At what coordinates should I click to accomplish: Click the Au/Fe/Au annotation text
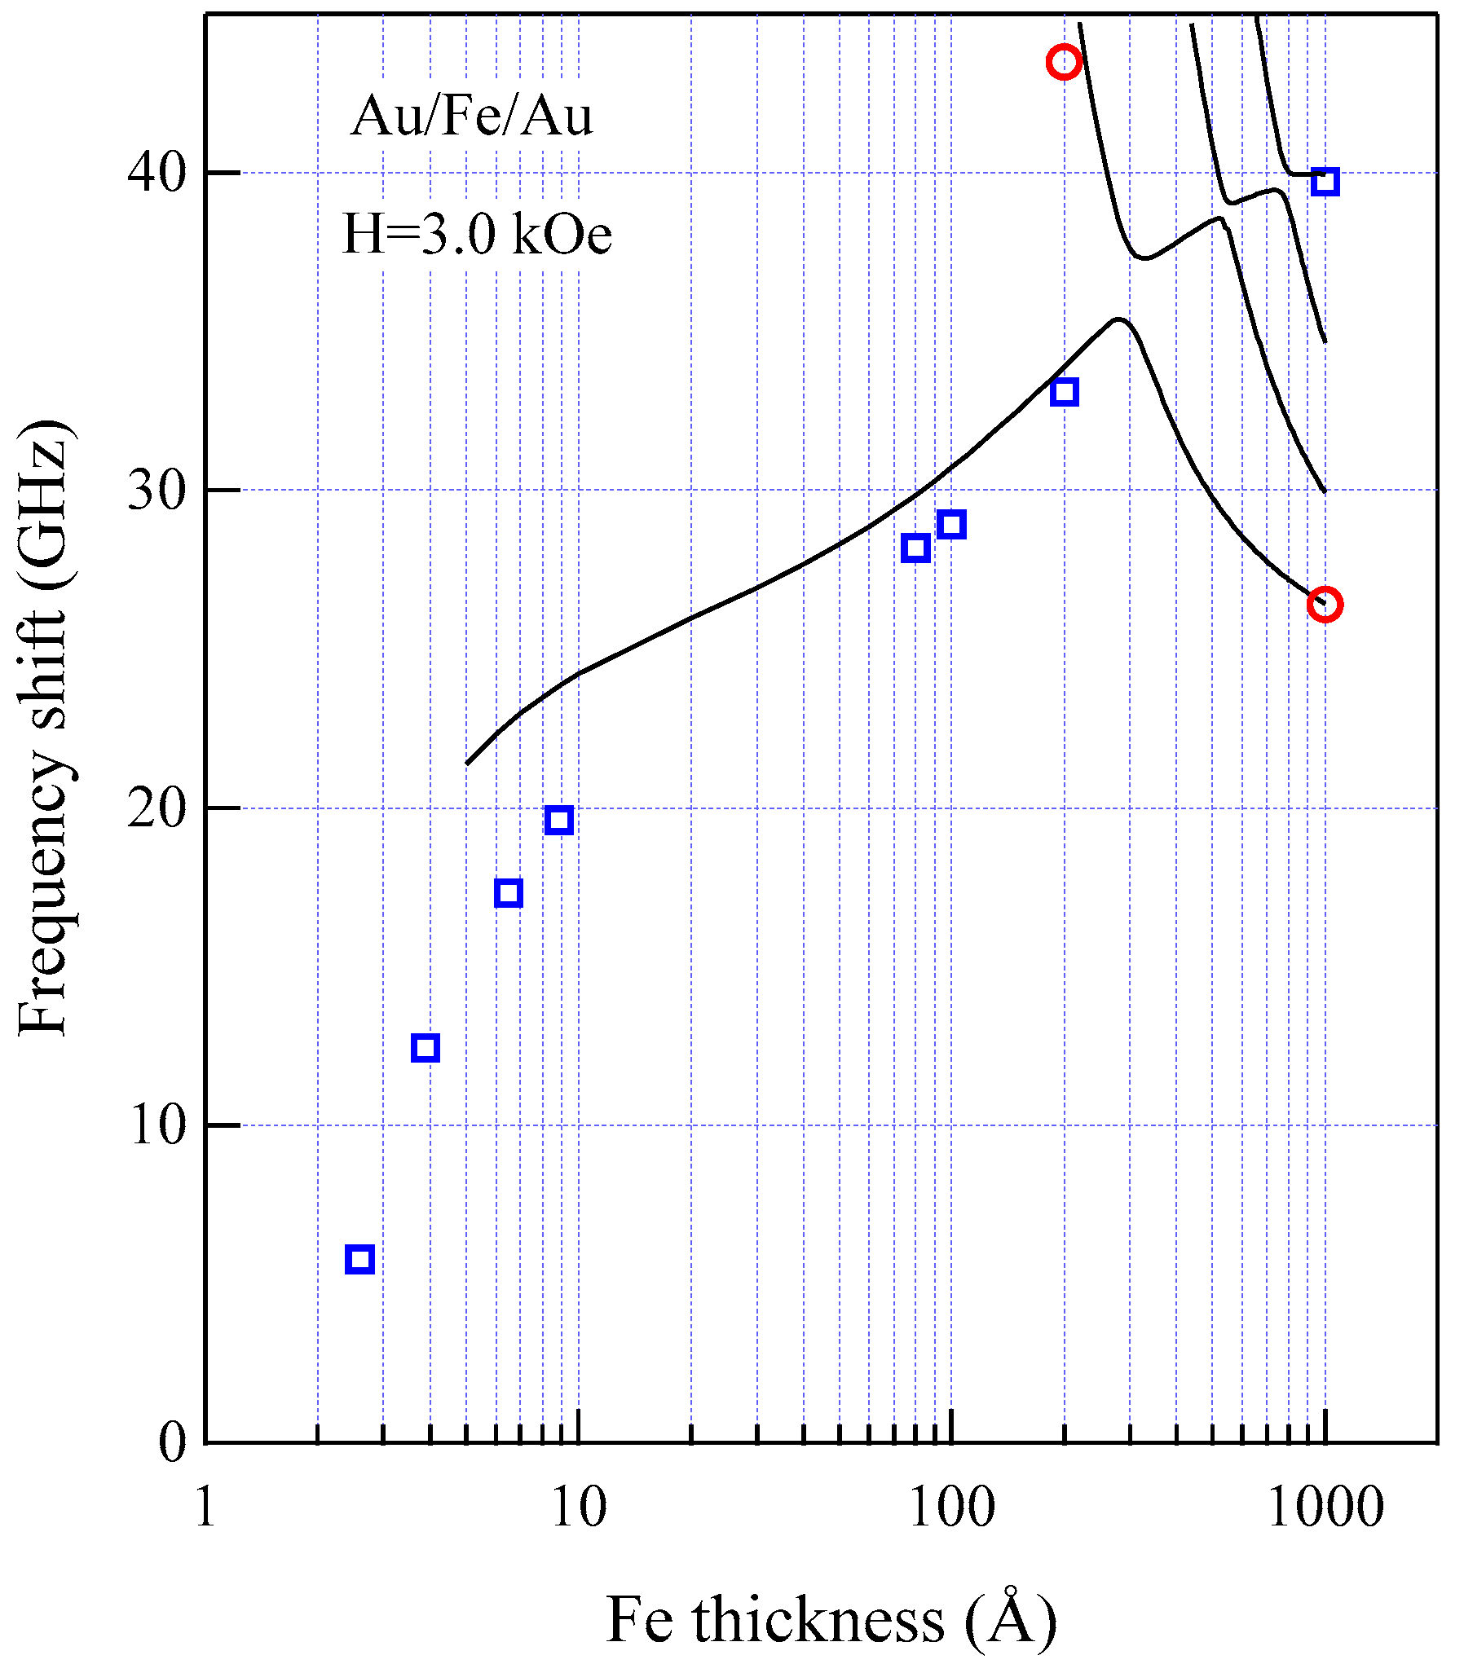[472, 116]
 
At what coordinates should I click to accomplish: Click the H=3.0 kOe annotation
[477, 234]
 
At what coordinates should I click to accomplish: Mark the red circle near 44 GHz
[1064, 62]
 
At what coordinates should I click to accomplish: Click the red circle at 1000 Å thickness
[1325, 604]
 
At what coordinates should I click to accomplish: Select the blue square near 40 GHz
[1325, 181]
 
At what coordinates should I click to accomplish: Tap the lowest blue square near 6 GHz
[359, 1259]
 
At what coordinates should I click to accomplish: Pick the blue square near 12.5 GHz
[426, 1048]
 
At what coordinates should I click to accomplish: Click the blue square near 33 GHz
[1064, 392]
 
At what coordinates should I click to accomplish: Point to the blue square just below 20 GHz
[558, 821]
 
